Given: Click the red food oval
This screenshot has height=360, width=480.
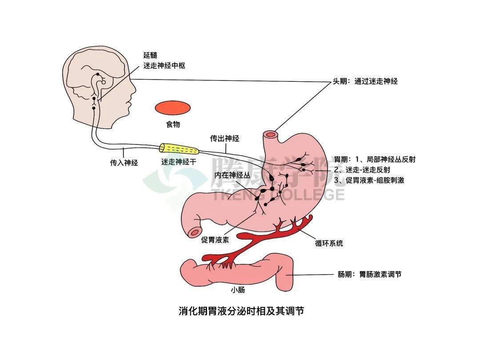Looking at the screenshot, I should click(x=173, y=108).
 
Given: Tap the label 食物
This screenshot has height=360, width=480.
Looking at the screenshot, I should click(x=173, y=125).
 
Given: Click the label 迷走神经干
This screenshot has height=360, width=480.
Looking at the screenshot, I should click(x=179, y=162).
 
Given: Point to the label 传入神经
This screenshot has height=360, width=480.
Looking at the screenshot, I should click(x=124, y=163).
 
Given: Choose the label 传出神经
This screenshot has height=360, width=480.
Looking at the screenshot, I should click(x=224, y=139).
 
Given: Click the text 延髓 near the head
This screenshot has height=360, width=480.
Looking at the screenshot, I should click(x=150, y=56).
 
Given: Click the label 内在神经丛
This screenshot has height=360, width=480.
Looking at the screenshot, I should click(x=230, y=176).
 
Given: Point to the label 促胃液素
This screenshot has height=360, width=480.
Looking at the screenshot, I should click(x=215, y=240).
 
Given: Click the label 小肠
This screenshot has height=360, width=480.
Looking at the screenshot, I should click(x=237, y=290).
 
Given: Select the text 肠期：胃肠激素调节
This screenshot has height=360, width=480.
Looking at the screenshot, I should click(x=369, y=275).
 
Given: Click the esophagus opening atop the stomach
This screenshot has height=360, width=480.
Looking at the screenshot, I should click(x=270, y=134).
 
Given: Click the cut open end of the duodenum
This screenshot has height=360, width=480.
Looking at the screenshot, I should click(x=194, y=232).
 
